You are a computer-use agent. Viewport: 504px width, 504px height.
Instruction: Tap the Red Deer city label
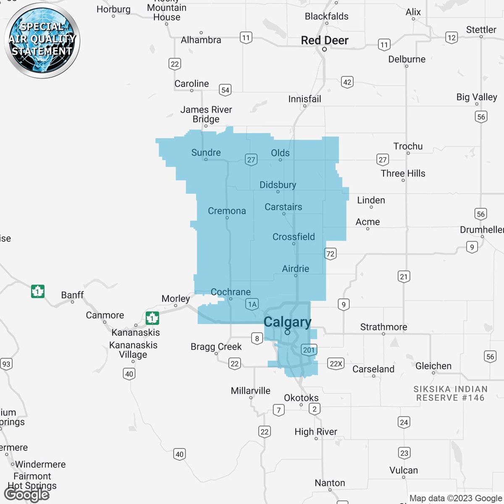[325, 40]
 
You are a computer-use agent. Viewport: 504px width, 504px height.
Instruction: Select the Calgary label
[288, 322]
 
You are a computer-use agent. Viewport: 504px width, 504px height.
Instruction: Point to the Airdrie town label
[296, 268]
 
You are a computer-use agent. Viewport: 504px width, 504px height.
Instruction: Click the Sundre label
[206, 152]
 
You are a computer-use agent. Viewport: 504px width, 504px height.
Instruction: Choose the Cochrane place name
[231, 292]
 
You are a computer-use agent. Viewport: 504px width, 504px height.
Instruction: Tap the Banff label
[72, 295]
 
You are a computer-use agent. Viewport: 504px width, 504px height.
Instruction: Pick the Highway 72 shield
[330, 254]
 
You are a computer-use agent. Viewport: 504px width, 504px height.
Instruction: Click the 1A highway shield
[252, 304]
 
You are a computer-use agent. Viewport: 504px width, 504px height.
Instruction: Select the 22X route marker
[336, 364]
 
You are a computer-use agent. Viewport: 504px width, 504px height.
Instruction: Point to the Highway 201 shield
[309, 350]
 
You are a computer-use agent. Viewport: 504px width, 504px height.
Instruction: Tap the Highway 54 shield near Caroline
[226, 90]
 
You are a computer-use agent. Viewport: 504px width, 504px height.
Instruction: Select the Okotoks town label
[301, 397]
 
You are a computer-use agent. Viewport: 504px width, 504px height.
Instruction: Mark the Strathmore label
[383, 327]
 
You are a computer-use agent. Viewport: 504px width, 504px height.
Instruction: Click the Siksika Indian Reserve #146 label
[450, 394]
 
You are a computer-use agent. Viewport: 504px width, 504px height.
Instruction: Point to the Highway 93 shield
[6, 364]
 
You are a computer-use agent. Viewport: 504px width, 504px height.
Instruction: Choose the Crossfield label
[294, 236]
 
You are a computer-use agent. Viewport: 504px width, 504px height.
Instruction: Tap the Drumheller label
[482, 230]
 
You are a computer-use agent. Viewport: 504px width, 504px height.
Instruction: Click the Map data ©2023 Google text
[456, 498]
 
